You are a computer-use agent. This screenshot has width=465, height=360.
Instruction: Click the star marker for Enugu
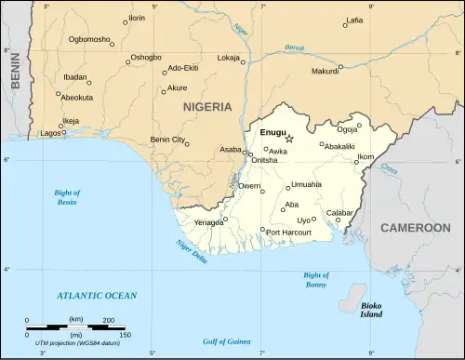pos(289,139)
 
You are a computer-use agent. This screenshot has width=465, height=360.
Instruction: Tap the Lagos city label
pos(50,134)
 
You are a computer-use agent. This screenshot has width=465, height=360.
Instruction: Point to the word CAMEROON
pos(415,228)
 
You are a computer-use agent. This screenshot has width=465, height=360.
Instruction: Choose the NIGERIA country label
pos(207,107)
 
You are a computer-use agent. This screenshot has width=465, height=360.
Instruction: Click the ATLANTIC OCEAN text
pos(96,296)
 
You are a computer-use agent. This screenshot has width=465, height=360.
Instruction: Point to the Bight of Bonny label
pos(316,281)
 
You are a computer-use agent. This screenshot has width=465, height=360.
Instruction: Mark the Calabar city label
pos(339,213)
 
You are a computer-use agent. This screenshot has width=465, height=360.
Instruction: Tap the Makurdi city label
pos(325,72)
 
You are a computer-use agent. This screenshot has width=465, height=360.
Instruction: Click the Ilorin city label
pos(137,19)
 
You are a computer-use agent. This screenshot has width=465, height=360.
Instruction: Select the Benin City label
pos(168,140)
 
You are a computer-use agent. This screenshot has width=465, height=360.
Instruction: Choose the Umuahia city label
pos(306,185)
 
